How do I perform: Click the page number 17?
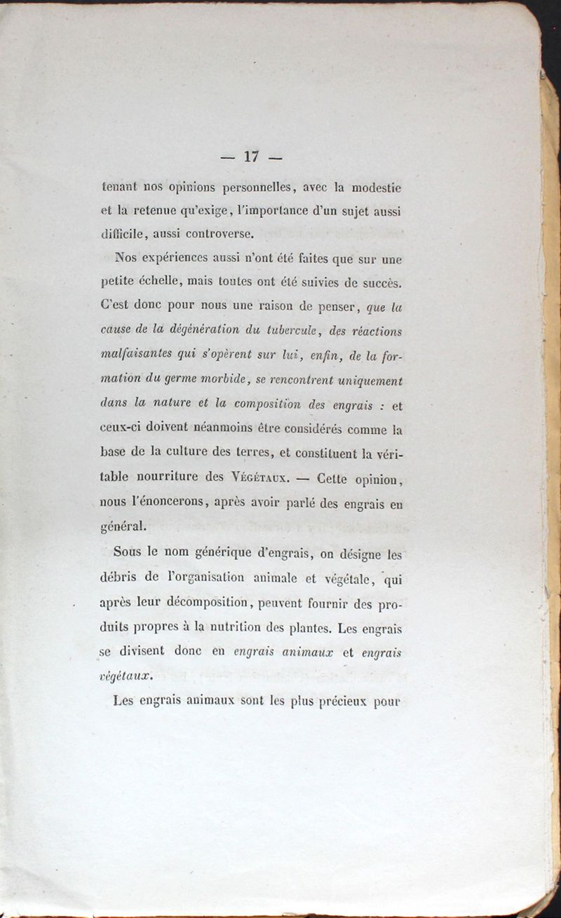coord(252,157)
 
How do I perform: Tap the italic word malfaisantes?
coord(137,355)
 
